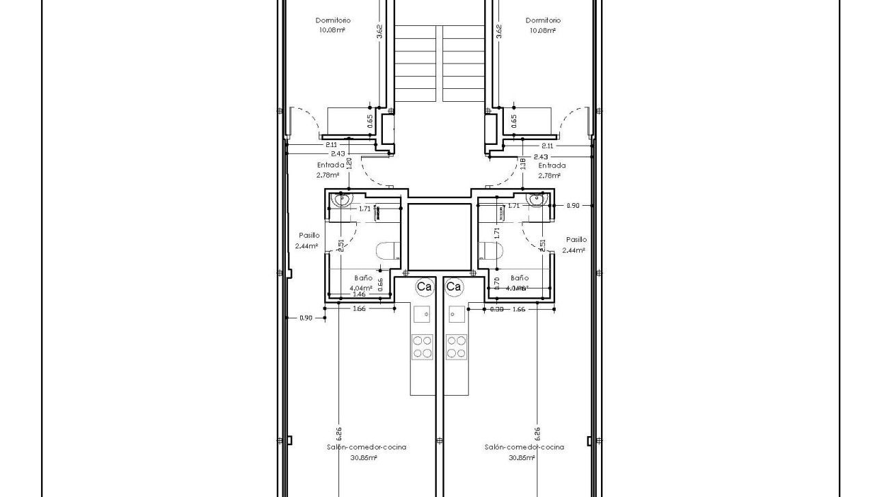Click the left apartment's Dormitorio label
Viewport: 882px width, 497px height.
tap(333, 21)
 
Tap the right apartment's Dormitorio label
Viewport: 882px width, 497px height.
tap(543, 21)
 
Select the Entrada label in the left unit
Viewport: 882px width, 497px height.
tap(330, 165)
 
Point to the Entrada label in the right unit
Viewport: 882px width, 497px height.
tap(551, 165)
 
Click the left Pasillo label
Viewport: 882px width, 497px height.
tap(308, 235)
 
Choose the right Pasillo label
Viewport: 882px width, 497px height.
tap(576, 240)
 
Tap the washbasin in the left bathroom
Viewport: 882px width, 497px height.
tap(341, 200)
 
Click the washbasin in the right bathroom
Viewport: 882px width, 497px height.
tap(538, 200)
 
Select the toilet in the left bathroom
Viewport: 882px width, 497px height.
tap(388, 251)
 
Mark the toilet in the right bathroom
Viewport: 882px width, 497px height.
tap(491, 251)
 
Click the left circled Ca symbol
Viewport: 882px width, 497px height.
tap(424, 287)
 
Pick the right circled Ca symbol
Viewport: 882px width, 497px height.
tap(454, 287)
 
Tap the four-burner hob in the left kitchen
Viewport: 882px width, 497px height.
tap(422, 347)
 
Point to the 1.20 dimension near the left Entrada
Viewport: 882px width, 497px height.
tap(349, 163)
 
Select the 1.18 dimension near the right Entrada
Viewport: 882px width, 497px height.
tap(523, 163)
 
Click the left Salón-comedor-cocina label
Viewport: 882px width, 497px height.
tap(366, 447)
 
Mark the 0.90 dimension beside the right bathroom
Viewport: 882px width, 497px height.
tap(573, 205)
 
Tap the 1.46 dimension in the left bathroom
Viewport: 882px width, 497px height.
tap(359, 294)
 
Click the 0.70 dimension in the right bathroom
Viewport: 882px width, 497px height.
tap(496, 280)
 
